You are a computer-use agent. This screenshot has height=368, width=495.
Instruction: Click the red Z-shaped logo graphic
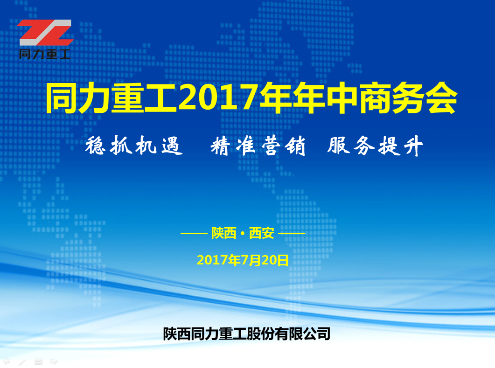pos(45,33)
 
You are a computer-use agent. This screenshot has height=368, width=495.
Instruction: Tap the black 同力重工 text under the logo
pos(44,54)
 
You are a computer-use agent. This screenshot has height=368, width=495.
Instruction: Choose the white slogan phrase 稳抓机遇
pos(134,146)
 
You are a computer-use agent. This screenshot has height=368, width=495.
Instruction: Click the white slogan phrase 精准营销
pos(258,146)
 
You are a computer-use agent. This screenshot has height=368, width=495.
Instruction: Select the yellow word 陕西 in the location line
pos(224,233)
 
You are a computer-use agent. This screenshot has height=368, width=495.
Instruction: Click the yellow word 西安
pos(261,233)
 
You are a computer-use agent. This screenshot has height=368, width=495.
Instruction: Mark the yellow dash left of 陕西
pos(194,234)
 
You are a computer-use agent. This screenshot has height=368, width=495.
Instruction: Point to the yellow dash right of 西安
pos(292,234)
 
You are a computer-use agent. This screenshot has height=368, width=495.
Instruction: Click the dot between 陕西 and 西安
pos(243,234)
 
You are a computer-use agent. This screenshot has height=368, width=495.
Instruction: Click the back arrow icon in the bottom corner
pos(7,361)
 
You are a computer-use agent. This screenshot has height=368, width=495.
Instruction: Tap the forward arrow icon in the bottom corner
pos(54,361)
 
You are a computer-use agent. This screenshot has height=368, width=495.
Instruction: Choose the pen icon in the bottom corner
pos(22,361)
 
